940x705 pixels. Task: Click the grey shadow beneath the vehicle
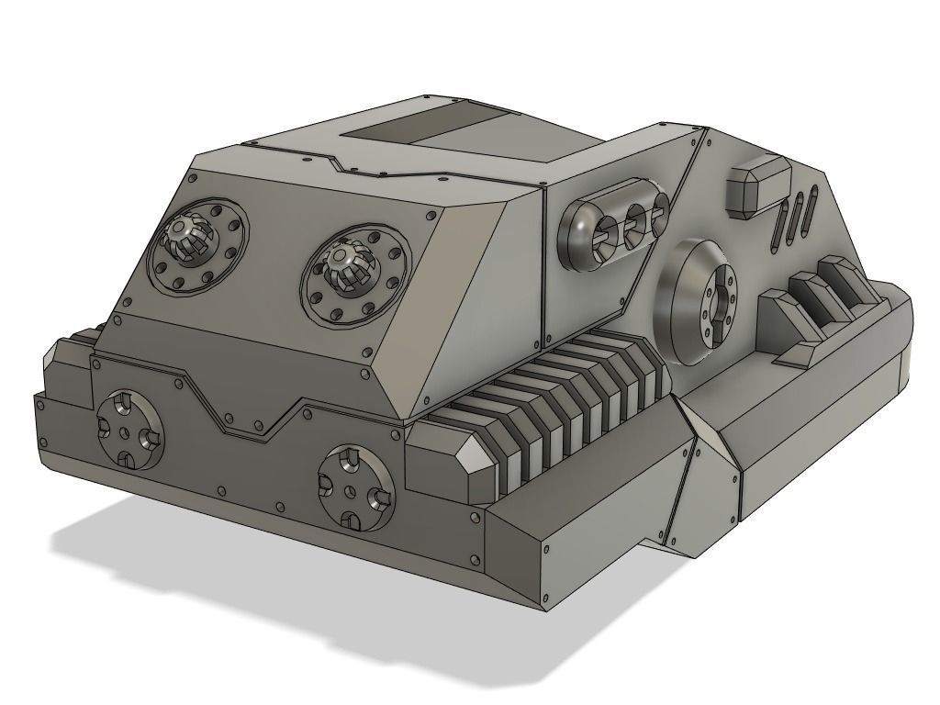click(x=275, y=587)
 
